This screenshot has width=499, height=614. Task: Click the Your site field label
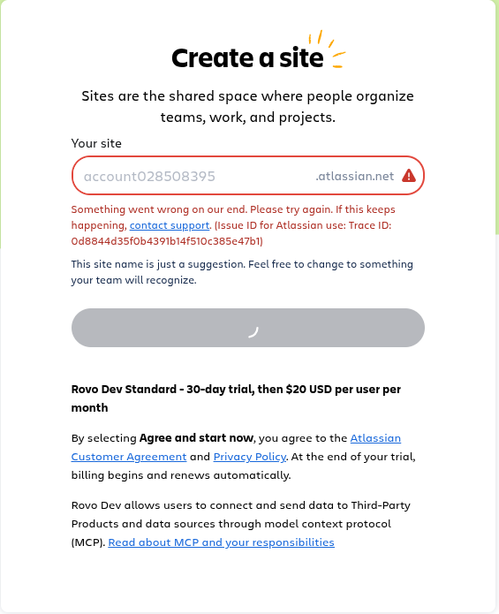96,143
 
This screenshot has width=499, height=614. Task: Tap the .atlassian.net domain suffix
354,176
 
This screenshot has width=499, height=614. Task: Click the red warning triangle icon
409,176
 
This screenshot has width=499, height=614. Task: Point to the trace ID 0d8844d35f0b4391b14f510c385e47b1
167,240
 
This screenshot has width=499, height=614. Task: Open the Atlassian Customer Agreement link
129,457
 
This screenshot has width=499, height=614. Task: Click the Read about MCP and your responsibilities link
221,542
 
